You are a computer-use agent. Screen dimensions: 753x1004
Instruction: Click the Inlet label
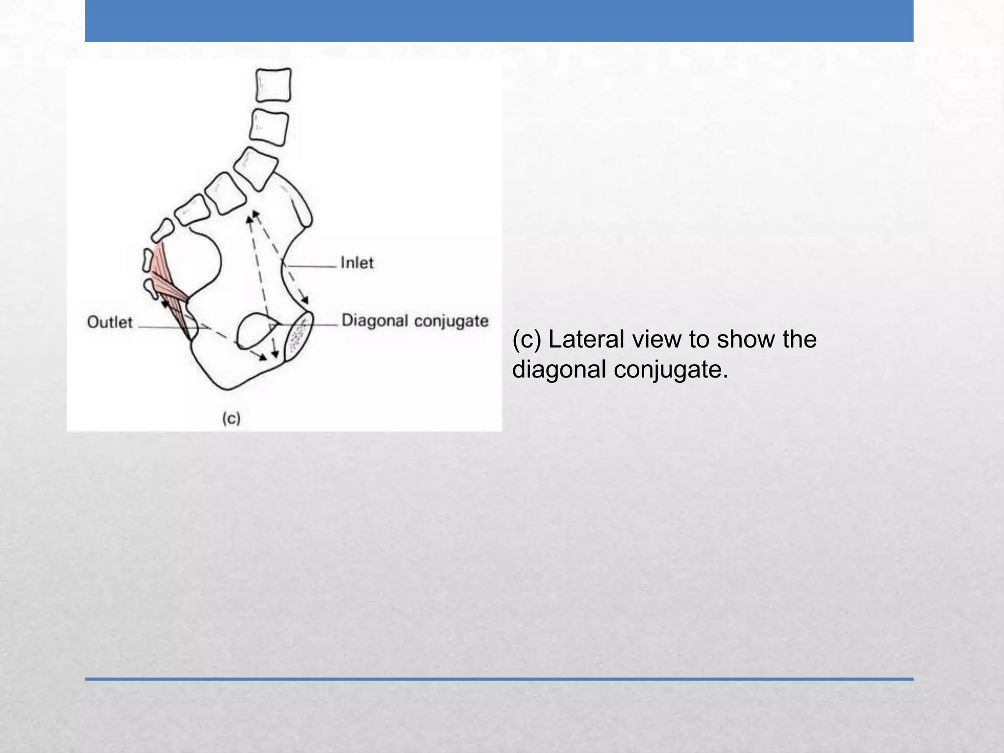[357, 263]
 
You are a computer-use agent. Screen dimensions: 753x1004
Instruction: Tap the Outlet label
[110, 322]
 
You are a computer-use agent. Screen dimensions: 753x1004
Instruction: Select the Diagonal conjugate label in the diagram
[415, 321]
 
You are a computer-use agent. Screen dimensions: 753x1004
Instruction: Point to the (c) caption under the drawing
[231, 418]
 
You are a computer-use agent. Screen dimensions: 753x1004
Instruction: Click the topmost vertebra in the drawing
[274, 85]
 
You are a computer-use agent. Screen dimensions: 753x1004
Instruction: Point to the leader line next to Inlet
[311, 267]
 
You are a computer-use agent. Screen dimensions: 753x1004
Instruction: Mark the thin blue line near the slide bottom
[499, 679]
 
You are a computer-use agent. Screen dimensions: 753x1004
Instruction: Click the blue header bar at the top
[499, 21]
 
